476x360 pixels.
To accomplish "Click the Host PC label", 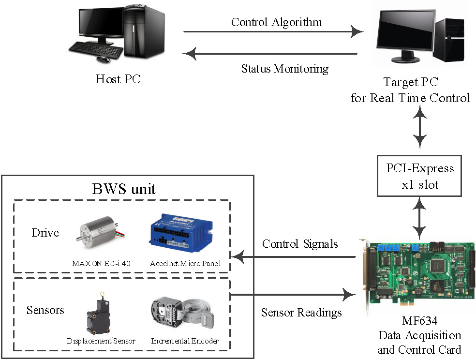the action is coord(118,79).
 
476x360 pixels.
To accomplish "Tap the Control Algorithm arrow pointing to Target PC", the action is coord(273,31).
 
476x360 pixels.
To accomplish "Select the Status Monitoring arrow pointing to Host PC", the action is coord(270,54).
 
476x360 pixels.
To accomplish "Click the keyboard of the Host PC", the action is coord(95,50).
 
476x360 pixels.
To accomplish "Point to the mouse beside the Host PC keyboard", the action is coord(104,59).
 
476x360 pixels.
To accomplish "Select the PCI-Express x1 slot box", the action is coord(419,176).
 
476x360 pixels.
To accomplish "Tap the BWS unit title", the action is coord(124,189).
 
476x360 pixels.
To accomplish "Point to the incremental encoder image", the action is coord(182,313).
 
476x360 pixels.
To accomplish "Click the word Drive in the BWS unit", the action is coord(45,233).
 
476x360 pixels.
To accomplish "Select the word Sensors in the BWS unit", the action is coord(45,310).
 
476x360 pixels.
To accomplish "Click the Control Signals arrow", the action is coord(294,257).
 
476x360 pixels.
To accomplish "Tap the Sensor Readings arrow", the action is coord(294,294).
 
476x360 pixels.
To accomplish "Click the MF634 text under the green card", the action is coord(420,320).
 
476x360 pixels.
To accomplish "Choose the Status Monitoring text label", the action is coord(285,69).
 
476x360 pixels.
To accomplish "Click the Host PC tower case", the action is coord(144,31).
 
